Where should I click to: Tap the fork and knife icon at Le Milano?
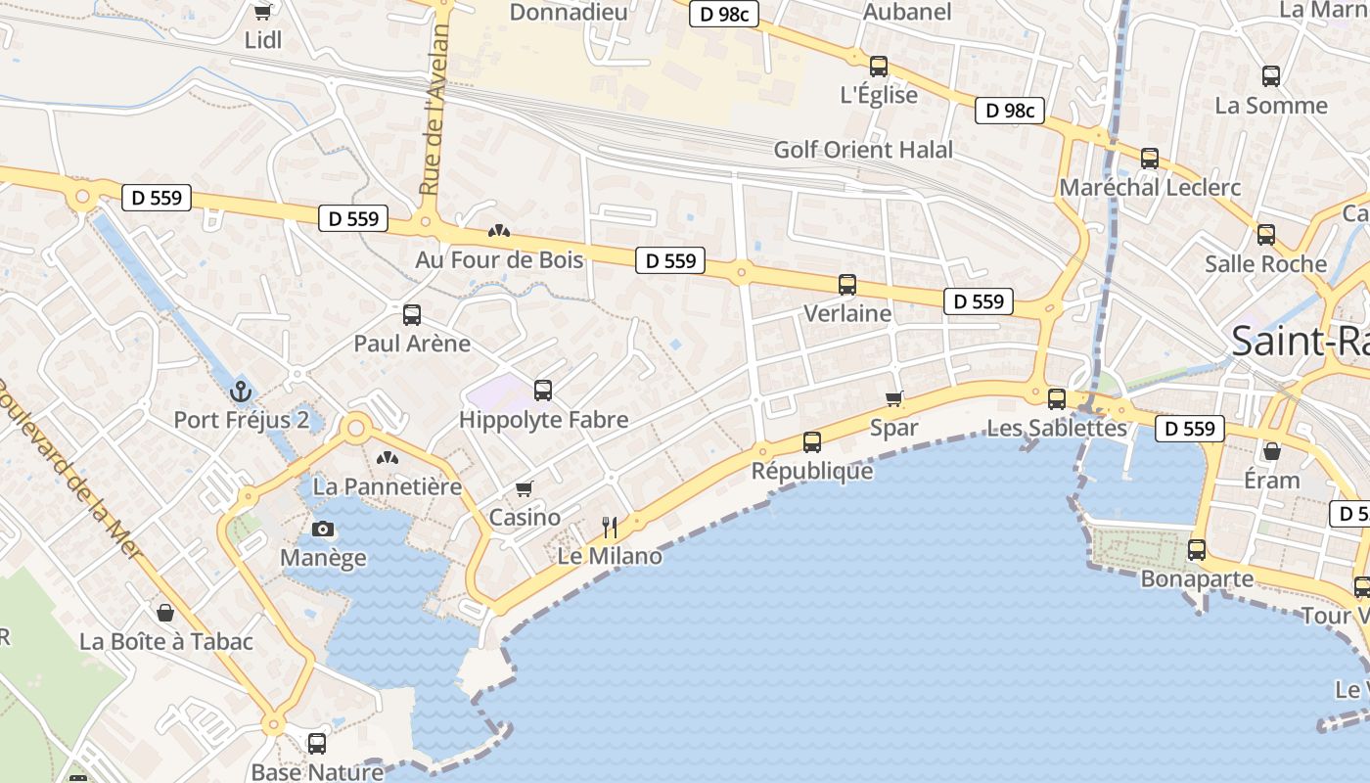click(x=610, y=529)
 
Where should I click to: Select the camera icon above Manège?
click(x=322, y=530)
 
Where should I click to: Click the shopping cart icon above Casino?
click(x=525, y=488)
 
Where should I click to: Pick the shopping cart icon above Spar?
click(x=893, y=398)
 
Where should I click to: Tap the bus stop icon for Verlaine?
click(x=847, y=285)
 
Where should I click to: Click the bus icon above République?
click(x=812, y=442)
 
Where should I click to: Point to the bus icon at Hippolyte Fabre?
click(x=543, y=391)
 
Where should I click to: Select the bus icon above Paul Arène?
click(x=412, y=315)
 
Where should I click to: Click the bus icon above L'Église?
click(x=879, y=67)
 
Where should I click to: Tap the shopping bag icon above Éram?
click(x=1272, y=451)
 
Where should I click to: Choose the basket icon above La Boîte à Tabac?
click(x=165, y=613)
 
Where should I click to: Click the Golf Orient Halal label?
click(x=863, y=150)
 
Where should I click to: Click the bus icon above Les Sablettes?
click(x=1057, y=399)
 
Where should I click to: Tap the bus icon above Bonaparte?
click(x=1197, y=550)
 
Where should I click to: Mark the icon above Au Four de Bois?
click(x=499, y=232)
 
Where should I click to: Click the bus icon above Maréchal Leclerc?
click(x=1150, y=159)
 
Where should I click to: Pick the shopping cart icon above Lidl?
click(x=262, y=12)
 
